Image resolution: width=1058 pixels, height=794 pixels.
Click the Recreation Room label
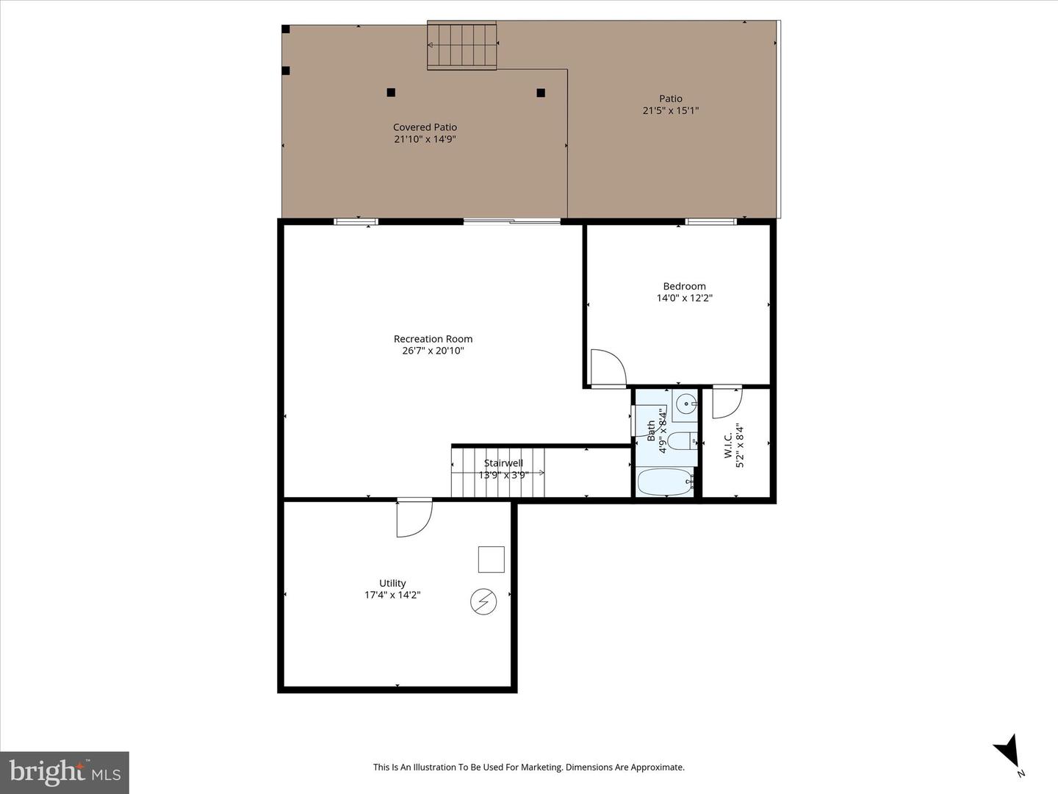[433, 339]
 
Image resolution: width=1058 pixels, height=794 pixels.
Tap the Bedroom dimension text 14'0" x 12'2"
[685, 298]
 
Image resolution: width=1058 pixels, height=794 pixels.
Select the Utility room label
[392, 583]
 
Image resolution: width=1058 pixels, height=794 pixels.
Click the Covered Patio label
[425, 127]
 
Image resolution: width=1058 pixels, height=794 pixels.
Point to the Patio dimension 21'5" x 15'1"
[670, 111]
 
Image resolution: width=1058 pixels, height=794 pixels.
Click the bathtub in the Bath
[665, 482]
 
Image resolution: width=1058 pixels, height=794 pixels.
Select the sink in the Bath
[685, 403]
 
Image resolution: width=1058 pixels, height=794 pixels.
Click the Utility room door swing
[413, 518]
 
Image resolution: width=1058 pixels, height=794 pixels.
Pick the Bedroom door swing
[607, 367]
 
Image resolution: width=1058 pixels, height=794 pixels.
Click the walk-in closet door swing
[726, 401]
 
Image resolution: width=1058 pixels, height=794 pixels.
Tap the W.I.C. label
[728, 446]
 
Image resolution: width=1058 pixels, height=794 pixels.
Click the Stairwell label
[503, 463]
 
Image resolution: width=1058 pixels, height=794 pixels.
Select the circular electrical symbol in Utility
[483, 602]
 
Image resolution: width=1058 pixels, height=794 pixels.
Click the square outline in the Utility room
[492, 559]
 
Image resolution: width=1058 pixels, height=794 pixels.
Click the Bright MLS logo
[65, 772]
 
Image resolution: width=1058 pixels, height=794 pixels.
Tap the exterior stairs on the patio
[462, 46]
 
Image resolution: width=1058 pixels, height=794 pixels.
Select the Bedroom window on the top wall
[710, 221]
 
